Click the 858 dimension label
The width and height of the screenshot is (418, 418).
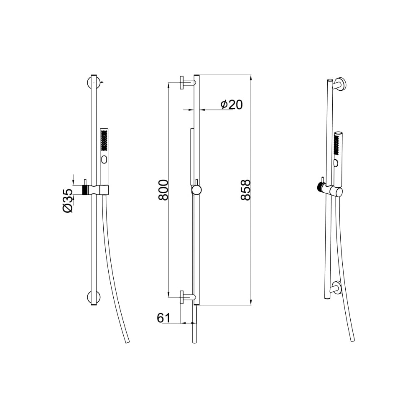245,190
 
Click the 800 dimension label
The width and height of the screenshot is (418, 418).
163,190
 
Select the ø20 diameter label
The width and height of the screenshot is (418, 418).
232,104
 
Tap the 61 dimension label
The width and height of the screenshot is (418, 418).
163,318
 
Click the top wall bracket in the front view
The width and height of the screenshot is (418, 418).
94,83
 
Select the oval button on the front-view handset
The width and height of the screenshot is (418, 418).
104,160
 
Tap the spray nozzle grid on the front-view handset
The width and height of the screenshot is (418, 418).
104,140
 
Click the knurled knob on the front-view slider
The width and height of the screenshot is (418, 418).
85,189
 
